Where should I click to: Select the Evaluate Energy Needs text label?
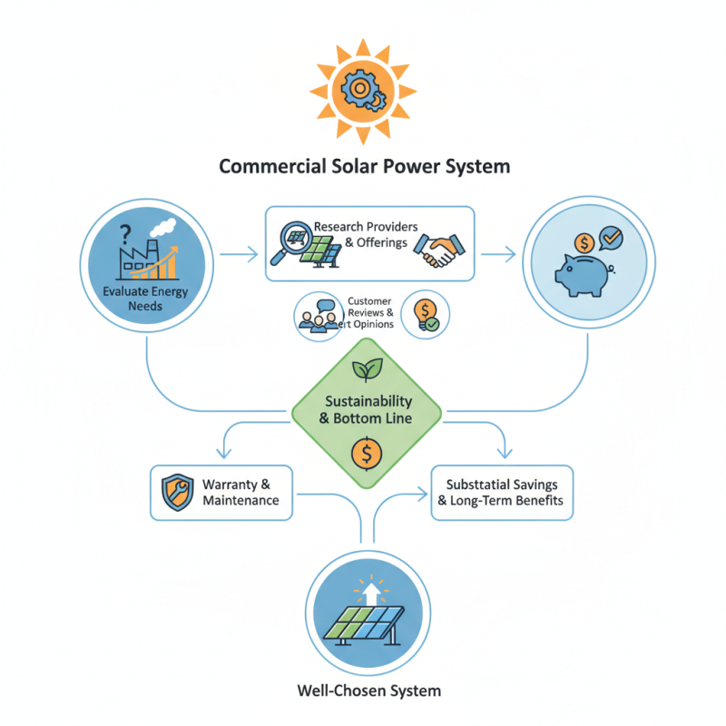point(147,299)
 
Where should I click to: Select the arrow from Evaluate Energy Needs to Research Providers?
point(239,255)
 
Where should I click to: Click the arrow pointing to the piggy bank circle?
point(495,255)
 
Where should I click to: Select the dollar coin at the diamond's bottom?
point(367,450)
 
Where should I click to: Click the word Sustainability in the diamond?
point(368,400)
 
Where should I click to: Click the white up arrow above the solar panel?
point(368,594)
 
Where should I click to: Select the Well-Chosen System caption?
point(368,691)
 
